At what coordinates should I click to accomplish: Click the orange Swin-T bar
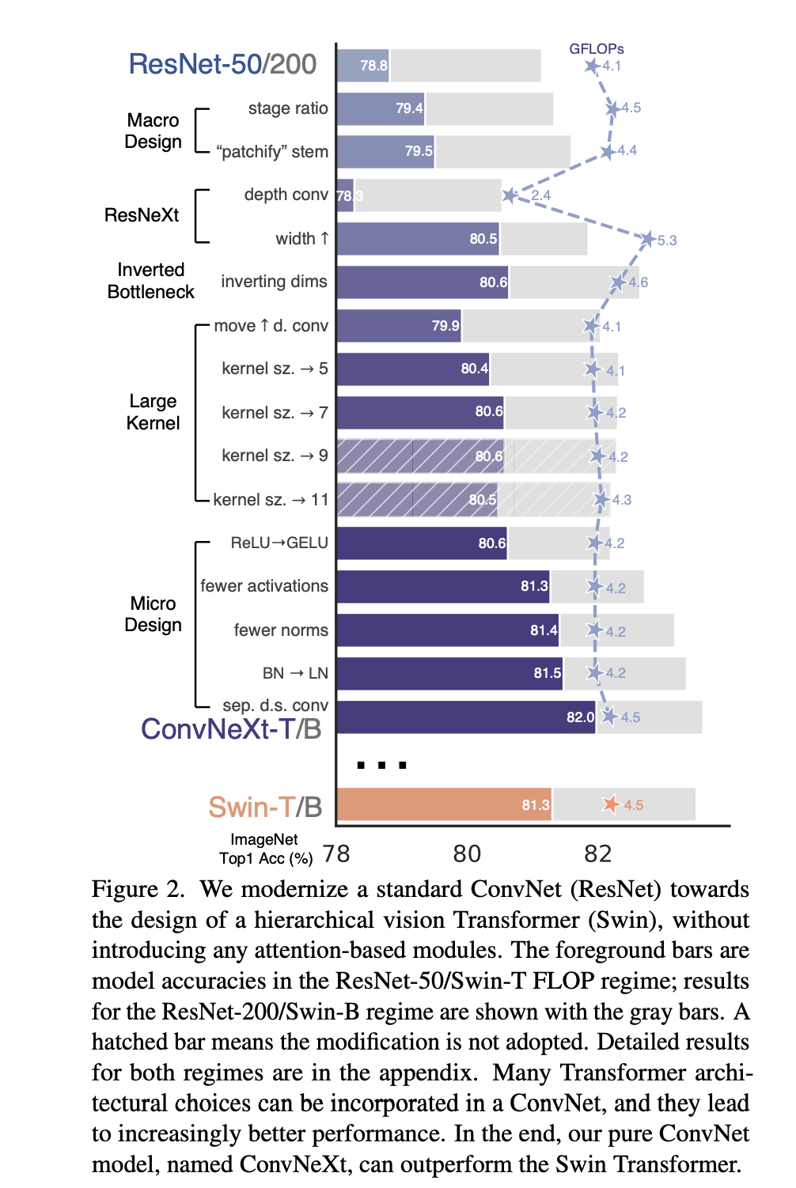click(443, 804)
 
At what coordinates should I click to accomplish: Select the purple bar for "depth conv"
click(345, 195)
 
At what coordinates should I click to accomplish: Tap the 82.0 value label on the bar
click(580, 717)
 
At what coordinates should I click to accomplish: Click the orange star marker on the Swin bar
click(611, 804)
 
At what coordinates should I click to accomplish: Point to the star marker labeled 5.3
click(648, 239)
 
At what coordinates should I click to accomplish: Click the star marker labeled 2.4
click(510, 195)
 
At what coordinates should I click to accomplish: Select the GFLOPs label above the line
click(597, 49)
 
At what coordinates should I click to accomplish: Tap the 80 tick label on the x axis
click(467, 853)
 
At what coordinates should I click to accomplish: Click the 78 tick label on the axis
click(336, 853)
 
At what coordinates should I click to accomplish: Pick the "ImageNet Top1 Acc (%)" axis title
click(265, 849)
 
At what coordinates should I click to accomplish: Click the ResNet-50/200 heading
click(222, 64)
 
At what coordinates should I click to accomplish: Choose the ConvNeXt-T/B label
click(231, 728)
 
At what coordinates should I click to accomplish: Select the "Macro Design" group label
click(153, 131)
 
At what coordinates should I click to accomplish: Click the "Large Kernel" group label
click(153, 412)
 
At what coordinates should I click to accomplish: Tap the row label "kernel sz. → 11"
click(271, 499)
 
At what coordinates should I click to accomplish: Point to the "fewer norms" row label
click(281, 630)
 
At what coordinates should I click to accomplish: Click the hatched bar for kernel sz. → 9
click(419, 456)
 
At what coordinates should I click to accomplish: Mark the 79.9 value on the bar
click(445, 326)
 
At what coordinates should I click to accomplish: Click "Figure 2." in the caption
click(138, 889)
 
